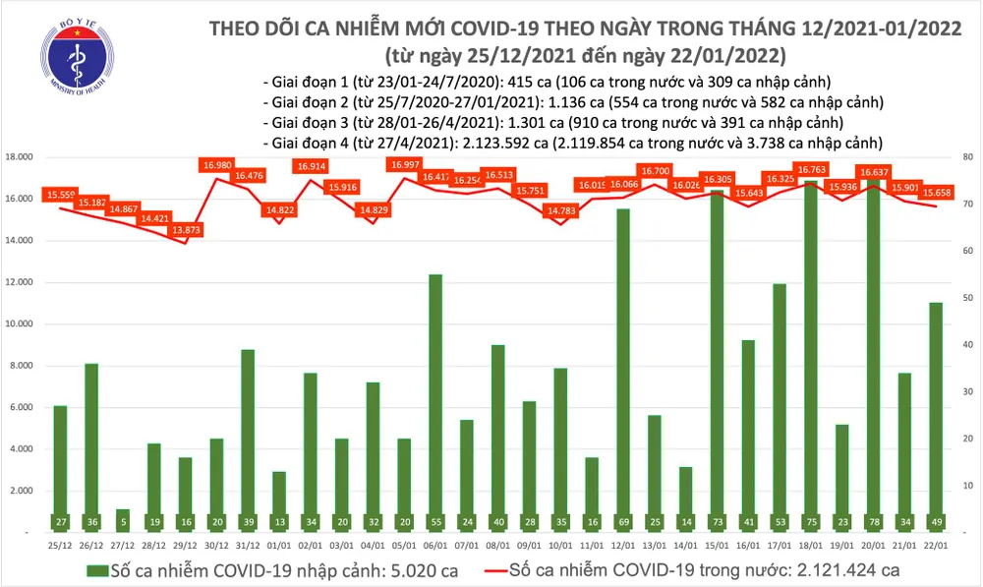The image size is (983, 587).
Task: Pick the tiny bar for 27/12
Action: tap(122, 520)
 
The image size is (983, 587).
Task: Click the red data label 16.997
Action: tap(405, 165)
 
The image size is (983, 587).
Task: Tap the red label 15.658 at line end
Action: tap(930, 194)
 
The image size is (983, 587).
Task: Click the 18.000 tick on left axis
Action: tap(20, 157)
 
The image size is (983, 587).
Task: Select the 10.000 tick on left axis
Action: tap(20, 324)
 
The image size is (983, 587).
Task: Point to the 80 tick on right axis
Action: tap(966, 157)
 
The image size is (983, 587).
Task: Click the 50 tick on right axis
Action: tap(966, 298)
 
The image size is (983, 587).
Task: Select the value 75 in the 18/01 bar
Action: tap(811, 520)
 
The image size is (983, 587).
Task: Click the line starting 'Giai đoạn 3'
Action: tap(553, 122)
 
